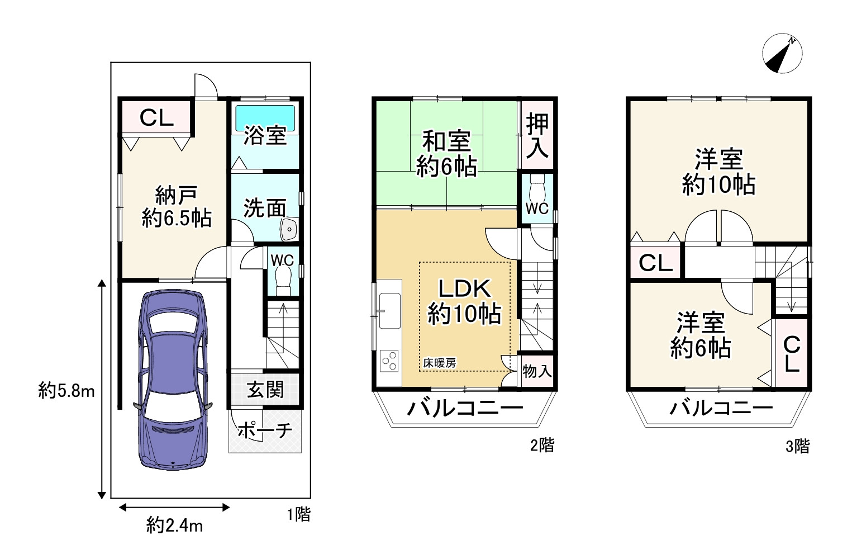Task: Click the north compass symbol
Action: [782, 55]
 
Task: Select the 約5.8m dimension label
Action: [66, 391]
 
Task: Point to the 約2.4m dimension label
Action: [174, 525]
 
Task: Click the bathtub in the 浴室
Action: [265, 116]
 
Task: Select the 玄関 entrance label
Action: [265, 390]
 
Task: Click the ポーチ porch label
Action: [265, 430]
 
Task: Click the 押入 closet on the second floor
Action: [537, 136]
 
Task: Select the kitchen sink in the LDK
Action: [389, 310]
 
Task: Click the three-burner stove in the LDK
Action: [389, 361]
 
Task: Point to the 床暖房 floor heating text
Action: [439, 363]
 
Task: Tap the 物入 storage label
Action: [537, 371]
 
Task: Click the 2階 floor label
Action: [542, 445]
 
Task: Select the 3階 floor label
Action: [797, 446]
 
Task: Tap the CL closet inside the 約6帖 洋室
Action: [792, 353]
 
